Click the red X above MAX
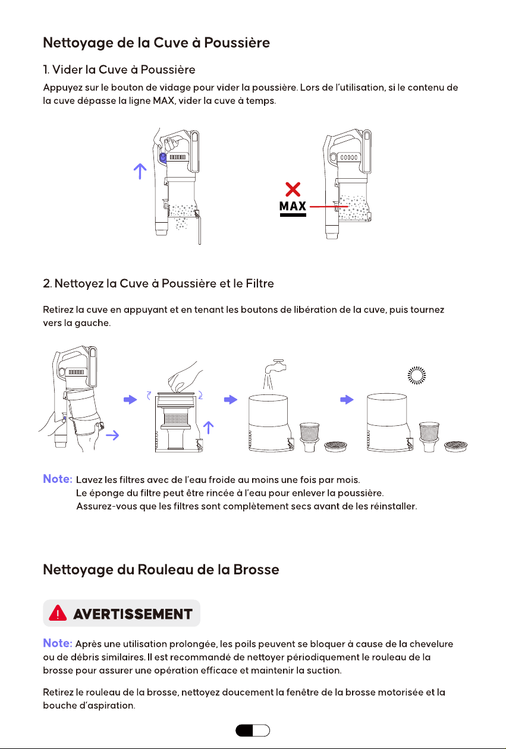click(x=293, y=189)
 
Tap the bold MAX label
click(x=293, y=206)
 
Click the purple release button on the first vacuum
click(x=163, y=157)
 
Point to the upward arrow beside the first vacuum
click(x=140, y=171)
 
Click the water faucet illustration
click(x=275, y=367)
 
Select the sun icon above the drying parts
click(x=417, y=375)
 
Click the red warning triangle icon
click(x=58, y=613)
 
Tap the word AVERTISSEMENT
click(x=133, y=614)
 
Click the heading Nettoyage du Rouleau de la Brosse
click(x=161, y=570)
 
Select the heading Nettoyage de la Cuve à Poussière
click(x=156, y=43)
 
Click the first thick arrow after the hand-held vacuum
click(x=130, y=399)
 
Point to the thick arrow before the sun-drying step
click(x=347, y=399)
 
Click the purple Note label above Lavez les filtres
click(x=58, y=479)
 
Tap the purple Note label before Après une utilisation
click(x=58, y=643)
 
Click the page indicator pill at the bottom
click(x=253, y=730)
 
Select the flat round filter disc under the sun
click(x=455, y=446)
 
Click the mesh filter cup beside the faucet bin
click(x=310, y=437)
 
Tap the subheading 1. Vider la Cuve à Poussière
click(x=119, y=69)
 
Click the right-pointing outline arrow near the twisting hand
click(x=112, y=435)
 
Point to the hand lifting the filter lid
click(x=185, y=378)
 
